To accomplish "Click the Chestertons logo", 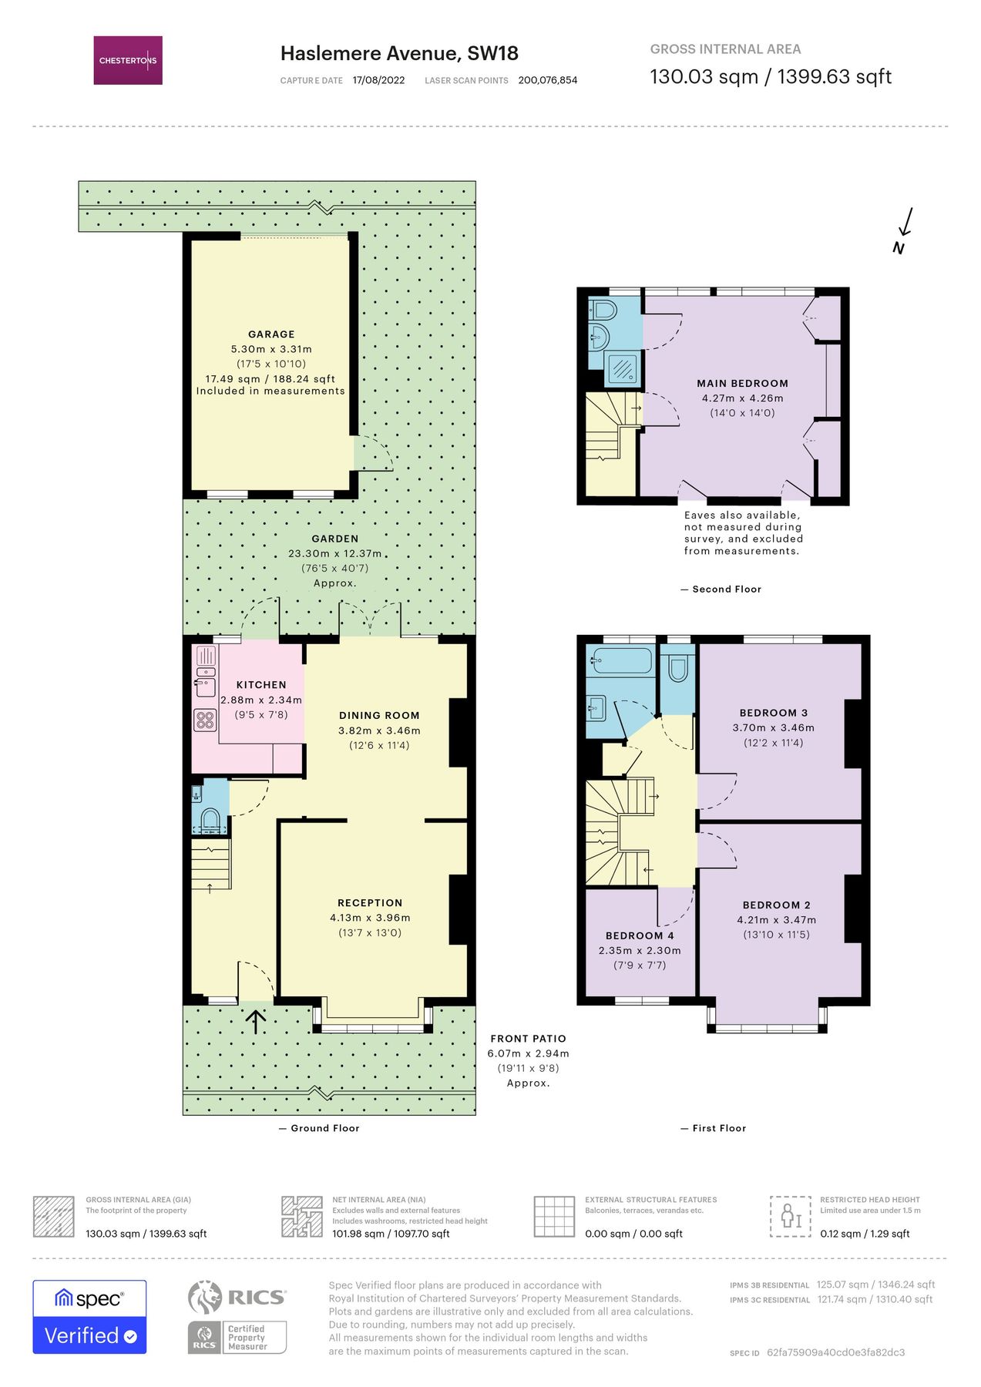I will tap(128, 60).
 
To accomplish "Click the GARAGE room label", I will tap(271, 334).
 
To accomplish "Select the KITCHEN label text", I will tap(261, 685).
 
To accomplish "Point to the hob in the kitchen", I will tap(204, 720).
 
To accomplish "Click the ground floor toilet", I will tap(210, 819).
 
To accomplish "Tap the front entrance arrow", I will tap(256, 1022).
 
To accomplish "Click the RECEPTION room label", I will tap(370, 903).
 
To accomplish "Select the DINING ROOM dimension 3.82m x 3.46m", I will tap(379, 730).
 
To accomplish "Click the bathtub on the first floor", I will tap(622, 660).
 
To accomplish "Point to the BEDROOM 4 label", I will tap(640, 935).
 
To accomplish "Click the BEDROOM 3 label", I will tap(773, 713).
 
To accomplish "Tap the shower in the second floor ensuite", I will tap(621, 368).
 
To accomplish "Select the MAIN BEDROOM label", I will tap(742, 383).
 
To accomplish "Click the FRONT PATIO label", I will tap(528, 1039).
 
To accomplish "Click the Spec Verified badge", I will tap(89, 1317).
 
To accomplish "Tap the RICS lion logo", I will tap(204, 1297).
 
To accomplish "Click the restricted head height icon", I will tap(791, 1217).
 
